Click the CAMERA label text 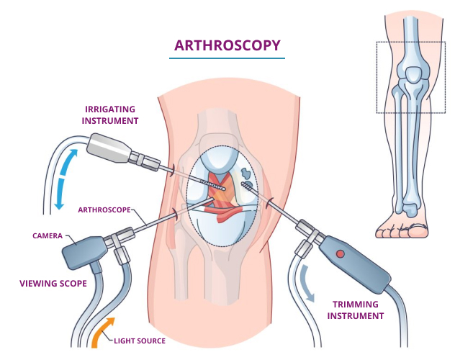tap(48, 235)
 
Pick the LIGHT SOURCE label tap(140, 341)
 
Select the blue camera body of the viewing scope tap(84, 251)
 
